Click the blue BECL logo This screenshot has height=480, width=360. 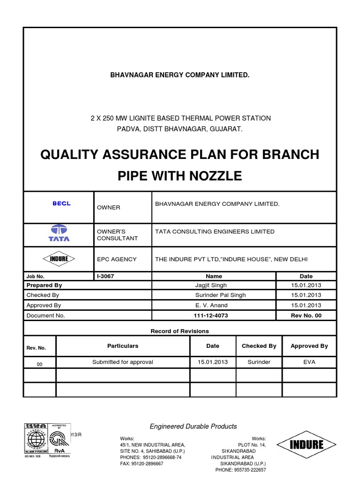[61, 203]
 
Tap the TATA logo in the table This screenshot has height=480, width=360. [59, 233]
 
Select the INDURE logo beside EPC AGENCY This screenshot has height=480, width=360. [59, 259]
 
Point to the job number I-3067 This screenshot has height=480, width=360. [105, 277]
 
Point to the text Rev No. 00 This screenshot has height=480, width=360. [306, 315]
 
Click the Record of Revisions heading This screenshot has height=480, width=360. [180, 331]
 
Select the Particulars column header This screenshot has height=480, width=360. [123, 346]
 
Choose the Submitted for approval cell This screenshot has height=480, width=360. [123, 362]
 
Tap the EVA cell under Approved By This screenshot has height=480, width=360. [309, 362]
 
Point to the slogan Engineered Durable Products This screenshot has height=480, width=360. [193, 426]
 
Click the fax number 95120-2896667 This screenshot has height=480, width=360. [142, 463]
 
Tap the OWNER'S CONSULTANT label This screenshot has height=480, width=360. [117, 235]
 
